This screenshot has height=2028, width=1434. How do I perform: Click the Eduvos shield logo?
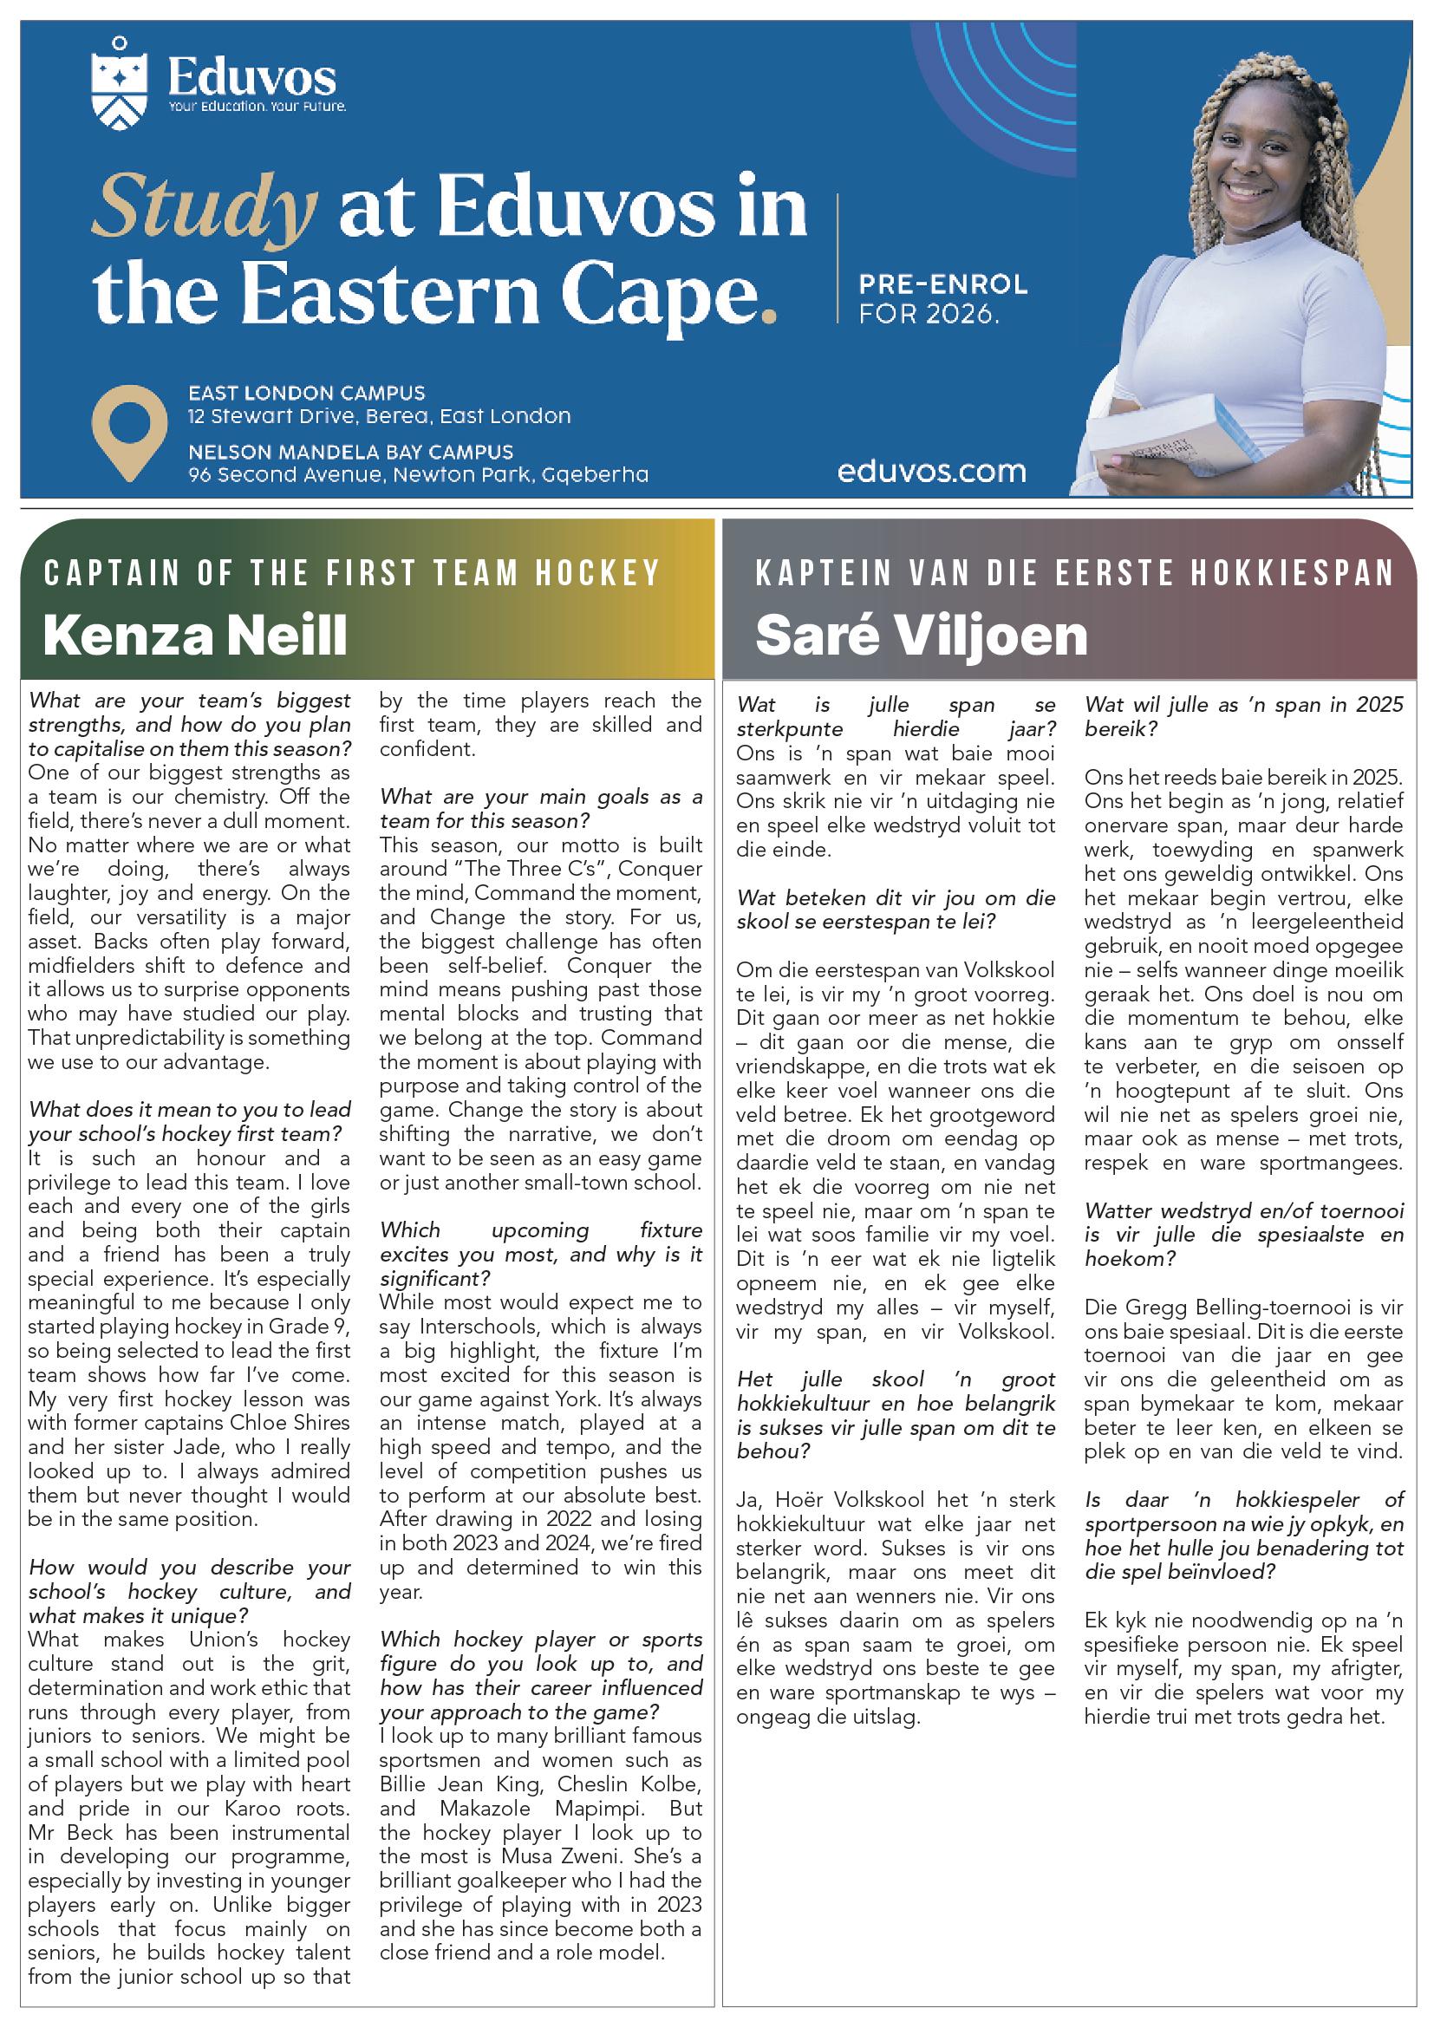(x=119, y=86)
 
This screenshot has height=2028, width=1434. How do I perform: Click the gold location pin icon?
(x=129, y=431)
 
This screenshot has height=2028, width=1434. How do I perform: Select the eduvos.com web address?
(x=931, y=472)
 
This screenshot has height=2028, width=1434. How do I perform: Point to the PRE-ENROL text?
(x=943, y=284)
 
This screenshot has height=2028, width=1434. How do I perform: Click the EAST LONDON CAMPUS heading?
(x=306, y=393)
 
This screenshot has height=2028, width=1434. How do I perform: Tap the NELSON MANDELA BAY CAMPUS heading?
(x=350, y=453)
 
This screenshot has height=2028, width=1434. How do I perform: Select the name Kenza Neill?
(x=195, y=636)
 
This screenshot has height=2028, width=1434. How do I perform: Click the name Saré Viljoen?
(x=921, y=636)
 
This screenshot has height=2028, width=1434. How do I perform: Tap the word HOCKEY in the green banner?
(x=598, y=573)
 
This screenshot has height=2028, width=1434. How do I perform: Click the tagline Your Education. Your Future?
(x=257, y=107)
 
